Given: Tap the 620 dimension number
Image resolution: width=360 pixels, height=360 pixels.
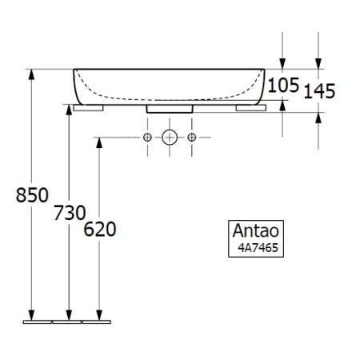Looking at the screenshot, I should tap(100, 230).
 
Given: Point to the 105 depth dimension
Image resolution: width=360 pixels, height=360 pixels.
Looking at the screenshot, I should tap(282, 83).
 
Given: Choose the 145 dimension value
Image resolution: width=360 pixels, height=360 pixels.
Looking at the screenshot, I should tap(319, 90).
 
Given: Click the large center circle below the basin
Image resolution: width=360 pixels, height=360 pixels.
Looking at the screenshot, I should tap(170, 138).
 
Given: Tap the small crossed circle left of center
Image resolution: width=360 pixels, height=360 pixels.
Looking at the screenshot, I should tap(147, 138).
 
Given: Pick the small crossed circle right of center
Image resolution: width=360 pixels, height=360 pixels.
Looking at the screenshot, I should tap(192, 138).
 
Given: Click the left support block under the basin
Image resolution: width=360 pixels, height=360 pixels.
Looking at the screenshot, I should tap(88, 106).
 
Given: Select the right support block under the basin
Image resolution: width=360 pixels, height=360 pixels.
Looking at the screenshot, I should tap(251, 106).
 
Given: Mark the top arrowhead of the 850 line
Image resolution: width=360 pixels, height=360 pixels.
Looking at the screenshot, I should tap(32, 74).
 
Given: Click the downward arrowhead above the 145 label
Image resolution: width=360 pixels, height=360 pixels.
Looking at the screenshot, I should tap(319, 63).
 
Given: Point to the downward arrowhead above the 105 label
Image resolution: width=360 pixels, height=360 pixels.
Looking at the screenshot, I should tap(282, 63).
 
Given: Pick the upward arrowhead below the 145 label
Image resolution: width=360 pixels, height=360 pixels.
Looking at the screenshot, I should tap(319, 118).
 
